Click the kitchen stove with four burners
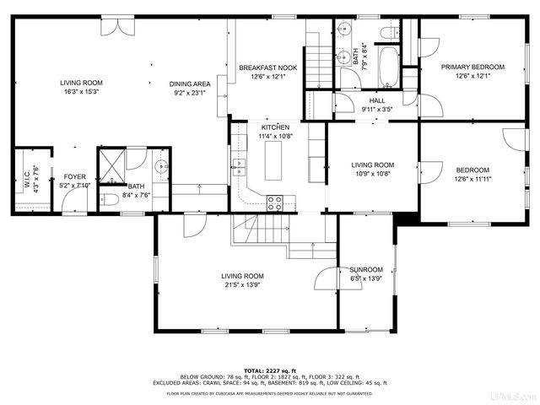[x=276, y=202]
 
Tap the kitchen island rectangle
[x=275, y=160]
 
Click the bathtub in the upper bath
[x=389, y=67]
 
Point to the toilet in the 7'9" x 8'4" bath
[x=388, y=32]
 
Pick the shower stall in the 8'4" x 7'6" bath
[x=111, y=161]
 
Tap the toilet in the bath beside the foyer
[x=108, y=200]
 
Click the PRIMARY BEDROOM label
[x=472, y=67]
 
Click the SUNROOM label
[x=366, y=270]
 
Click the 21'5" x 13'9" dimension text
[x=242, y=285]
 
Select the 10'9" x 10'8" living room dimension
[x=372, y=174]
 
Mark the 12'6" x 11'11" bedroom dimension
[x=472, y=179]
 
